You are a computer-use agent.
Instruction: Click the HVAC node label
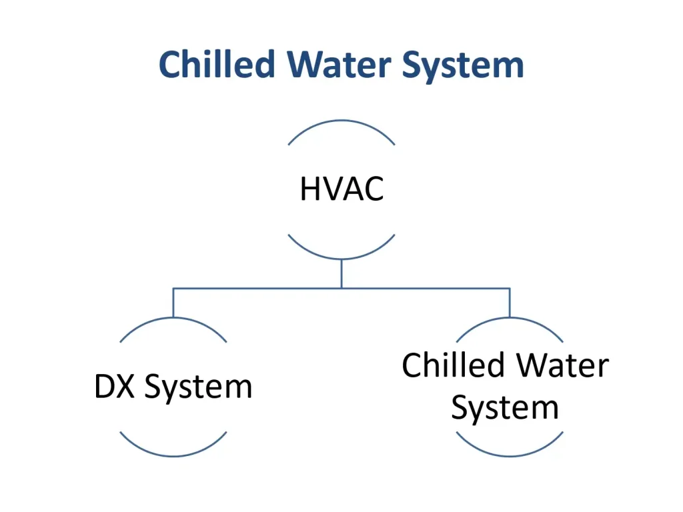341,189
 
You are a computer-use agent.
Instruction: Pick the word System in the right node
505,407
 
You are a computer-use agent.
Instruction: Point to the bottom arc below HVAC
341,258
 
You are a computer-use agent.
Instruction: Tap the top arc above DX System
173,319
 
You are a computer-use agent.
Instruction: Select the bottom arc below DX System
173,455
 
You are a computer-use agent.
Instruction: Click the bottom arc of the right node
510,455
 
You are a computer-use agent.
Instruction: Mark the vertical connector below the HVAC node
341,273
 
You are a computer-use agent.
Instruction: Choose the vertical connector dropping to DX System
173,302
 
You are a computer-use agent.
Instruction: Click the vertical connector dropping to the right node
510,302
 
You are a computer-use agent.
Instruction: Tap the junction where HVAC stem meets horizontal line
341,288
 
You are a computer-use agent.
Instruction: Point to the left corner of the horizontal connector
173,288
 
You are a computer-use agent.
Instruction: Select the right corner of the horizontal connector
510,288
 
